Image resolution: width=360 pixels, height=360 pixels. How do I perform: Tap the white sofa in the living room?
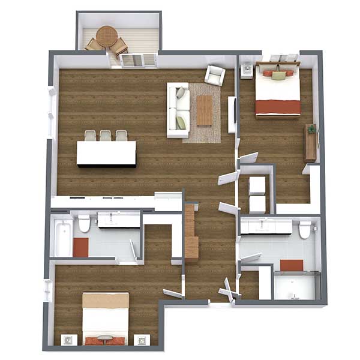(x=178, y=110)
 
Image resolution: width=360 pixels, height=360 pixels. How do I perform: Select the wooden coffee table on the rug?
(x=205, y=110)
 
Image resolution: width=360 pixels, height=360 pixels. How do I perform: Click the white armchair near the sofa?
(x=215, y=75)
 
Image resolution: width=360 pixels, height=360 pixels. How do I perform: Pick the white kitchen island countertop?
(x=106, y=153)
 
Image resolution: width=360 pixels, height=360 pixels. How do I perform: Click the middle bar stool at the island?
(x=106, y=136)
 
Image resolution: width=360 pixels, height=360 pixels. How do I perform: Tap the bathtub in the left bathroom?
(x=64, y=238)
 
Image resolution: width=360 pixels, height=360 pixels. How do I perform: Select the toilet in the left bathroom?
(x=85, y=224)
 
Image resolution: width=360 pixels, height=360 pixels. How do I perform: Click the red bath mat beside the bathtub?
(x=80, y=247)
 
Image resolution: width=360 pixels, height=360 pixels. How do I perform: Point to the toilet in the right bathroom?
(x=305, y=230)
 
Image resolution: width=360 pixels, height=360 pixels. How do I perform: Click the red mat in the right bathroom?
(x=292, y=265)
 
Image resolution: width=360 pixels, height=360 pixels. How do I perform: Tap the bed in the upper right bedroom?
(x=278, y=92)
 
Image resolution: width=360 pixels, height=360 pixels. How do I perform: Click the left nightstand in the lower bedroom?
(x=68, y=340)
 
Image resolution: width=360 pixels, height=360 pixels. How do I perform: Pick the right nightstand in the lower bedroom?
(x=142, y=340)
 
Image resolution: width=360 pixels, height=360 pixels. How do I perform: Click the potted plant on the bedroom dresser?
(x=311, y=128)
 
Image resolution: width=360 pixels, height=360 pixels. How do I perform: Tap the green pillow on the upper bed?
(x=278, y=76)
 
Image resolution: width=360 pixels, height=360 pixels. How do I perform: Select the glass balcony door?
(x=138, y=60)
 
